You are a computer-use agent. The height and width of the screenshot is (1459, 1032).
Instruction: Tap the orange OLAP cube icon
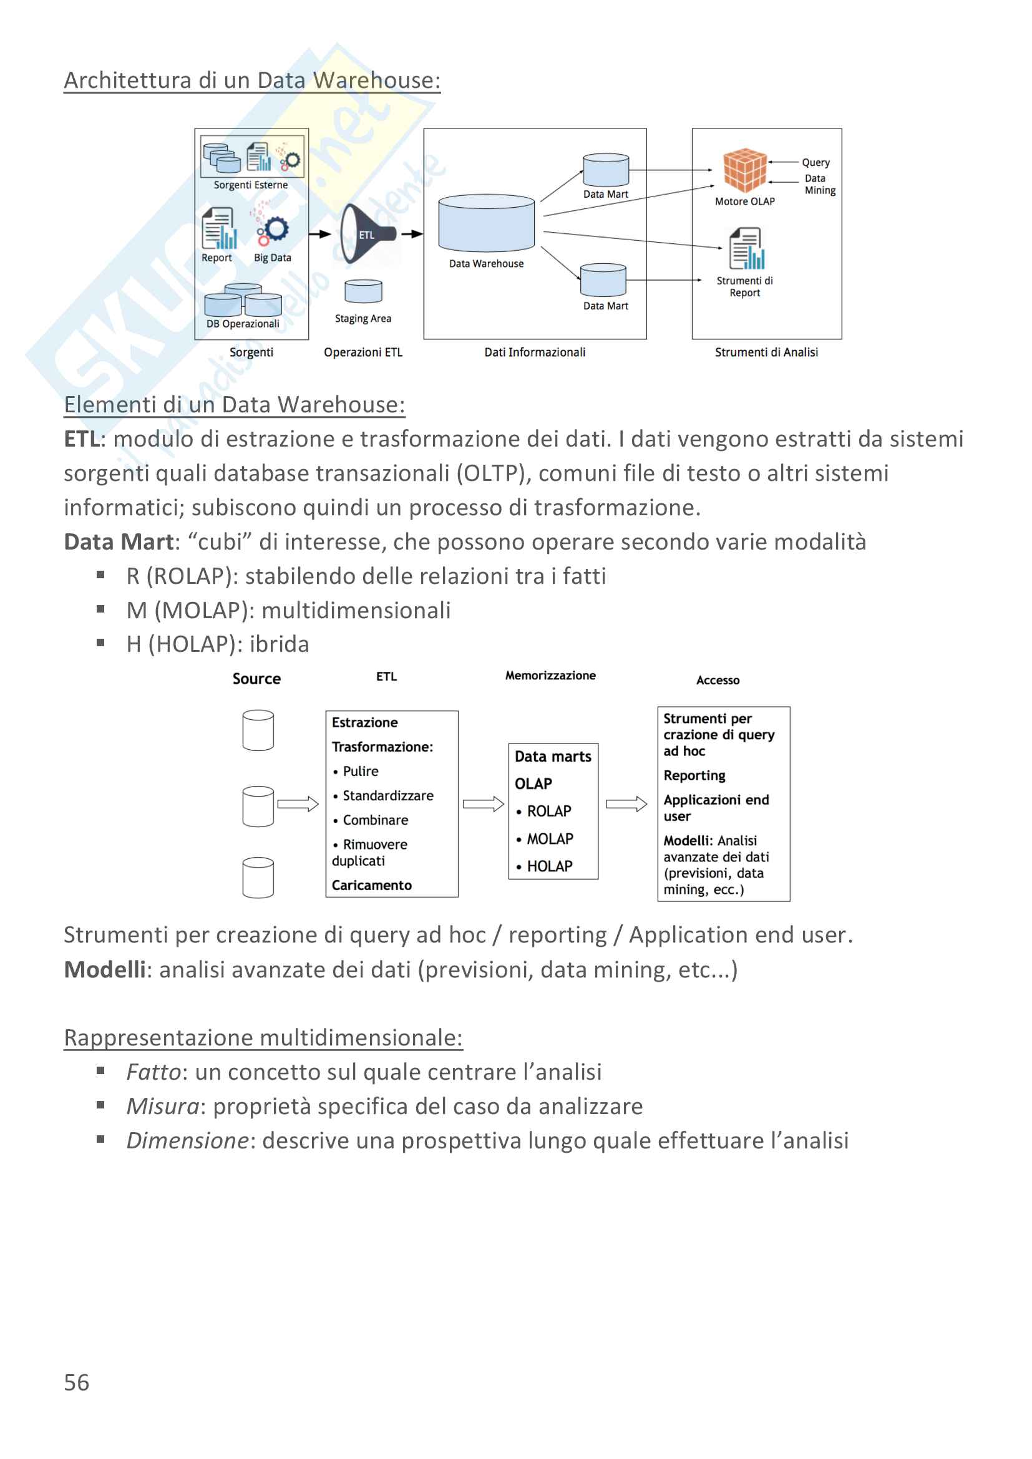745,170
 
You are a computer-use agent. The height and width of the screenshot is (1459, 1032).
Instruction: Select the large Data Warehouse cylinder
486,223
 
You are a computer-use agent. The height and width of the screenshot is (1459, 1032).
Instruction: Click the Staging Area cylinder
364,291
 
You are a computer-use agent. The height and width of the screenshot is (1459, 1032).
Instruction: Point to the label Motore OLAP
745,201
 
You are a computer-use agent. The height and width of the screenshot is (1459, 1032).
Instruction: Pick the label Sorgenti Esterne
250,185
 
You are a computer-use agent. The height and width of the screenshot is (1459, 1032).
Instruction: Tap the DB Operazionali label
243,324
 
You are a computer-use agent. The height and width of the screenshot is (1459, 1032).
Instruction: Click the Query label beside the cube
815,163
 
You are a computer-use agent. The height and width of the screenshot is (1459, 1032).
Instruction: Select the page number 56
77,1382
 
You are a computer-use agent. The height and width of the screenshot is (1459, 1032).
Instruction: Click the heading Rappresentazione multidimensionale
263,1037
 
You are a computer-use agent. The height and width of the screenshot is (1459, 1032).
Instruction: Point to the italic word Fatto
153,1072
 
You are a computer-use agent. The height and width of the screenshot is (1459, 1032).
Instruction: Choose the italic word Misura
163,1107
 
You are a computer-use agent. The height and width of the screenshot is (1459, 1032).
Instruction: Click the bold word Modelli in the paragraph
105,969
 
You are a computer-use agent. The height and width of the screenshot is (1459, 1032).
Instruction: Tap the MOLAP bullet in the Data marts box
550,839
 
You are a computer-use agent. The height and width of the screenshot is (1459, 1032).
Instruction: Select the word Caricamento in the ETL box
372,885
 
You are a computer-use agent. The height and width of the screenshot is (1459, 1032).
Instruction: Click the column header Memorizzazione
550,676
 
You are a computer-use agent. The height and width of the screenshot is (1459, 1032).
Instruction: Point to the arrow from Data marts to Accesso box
626,804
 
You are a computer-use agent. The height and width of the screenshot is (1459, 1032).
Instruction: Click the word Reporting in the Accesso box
694,775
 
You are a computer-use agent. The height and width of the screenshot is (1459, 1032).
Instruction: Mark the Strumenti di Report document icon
746,248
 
